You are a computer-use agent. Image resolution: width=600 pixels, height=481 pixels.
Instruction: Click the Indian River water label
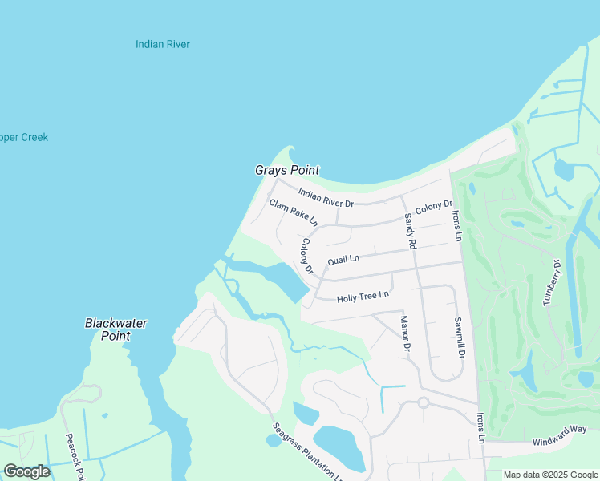point(163,44)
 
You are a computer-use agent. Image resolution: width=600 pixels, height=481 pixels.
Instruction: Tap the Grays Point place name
point(287,170)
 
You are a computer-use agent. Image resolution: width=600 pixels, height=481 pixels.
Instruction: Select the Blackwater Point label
point(116,329)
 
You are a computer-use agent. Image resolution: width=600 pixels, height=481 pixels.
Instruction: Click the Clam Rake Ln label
point(294,212)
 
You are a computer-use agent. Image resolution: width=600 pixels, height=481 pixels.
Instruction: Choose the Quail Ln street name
point(343,259)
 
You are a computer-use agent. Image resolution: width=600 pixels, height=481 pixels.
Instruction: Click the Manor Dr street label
point(405,333)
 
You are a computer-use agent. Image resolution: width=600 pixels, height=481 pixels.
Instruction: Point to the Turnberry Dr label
point(549,282)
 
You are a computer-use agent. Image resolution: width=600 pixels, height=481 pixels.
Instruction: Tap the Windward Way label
point(561,436)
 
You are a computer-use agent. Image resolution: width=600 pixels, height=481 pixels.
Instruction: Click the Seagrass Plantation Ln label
point(306,451)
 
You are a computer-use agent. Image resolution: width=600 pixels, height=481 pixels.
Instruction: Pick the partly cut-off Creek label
point(24,137)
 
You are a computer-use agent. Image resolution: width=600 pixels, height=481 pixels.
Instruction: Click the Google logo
point(26,471)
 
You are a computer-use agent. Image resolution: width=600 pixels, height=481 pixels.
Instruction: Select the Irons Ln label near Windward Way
point(481,428)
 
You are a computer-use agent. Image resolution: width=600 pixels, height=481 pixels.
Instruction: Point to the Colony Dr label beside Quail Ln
point(307,255)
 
